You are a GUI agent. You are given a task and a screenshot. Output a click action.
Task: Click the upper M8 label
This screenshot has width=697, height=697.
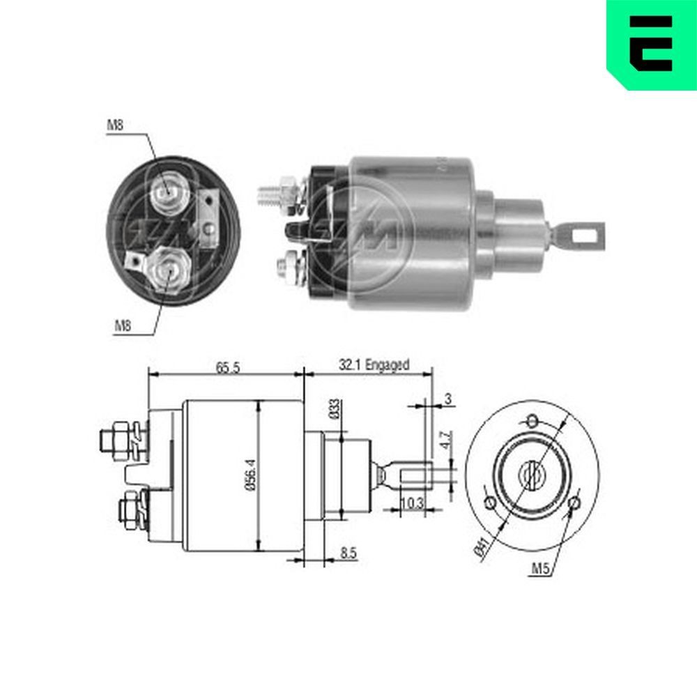(x=116, y=125)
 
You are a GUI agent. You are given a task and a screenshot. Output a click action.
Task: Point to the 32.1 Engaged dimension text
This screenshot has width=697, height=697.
(x=374, y=364)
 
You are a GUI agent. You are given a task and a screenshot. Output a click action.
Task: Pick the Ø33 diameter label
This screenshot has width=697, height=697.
(x=335, y=408)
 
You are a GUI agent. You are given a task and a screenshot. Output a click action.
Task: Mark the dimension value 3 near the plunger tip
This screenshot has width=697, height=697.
(x=448, y=399)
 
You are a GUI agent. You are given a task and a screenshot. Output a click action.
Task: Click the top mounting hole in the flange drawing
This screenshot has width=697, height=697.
(x=533, y=420)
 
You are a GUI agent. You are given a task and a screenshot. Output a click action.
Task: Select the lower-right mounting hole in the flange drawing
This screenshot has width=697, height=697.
(x=576, y=503)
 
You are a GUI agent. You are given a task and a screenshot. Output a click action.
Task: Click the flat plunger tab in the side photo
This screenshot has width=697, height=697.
(x=580, y=234)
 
